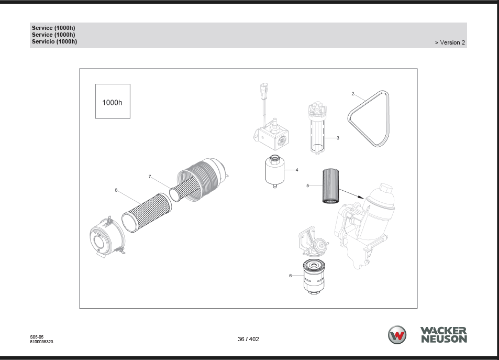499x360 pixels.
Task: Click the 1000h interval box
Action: [113, 101]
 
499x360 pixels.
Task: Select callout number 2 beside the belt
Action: [352, 94]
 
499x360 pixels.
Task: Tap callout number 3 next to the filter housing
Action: [338, 138]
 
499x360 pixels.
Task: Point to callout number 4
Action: [296, 170]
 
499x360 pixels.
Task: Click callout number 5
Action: [307, 186]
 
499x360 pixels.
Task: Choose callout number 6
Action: [290, 276]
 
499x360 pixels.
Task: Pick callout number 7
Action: [150, 177]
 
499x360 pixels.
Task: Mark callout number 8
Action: [116, 190]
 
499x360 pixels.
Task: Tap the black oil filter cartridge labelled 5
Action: [330, 186]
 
